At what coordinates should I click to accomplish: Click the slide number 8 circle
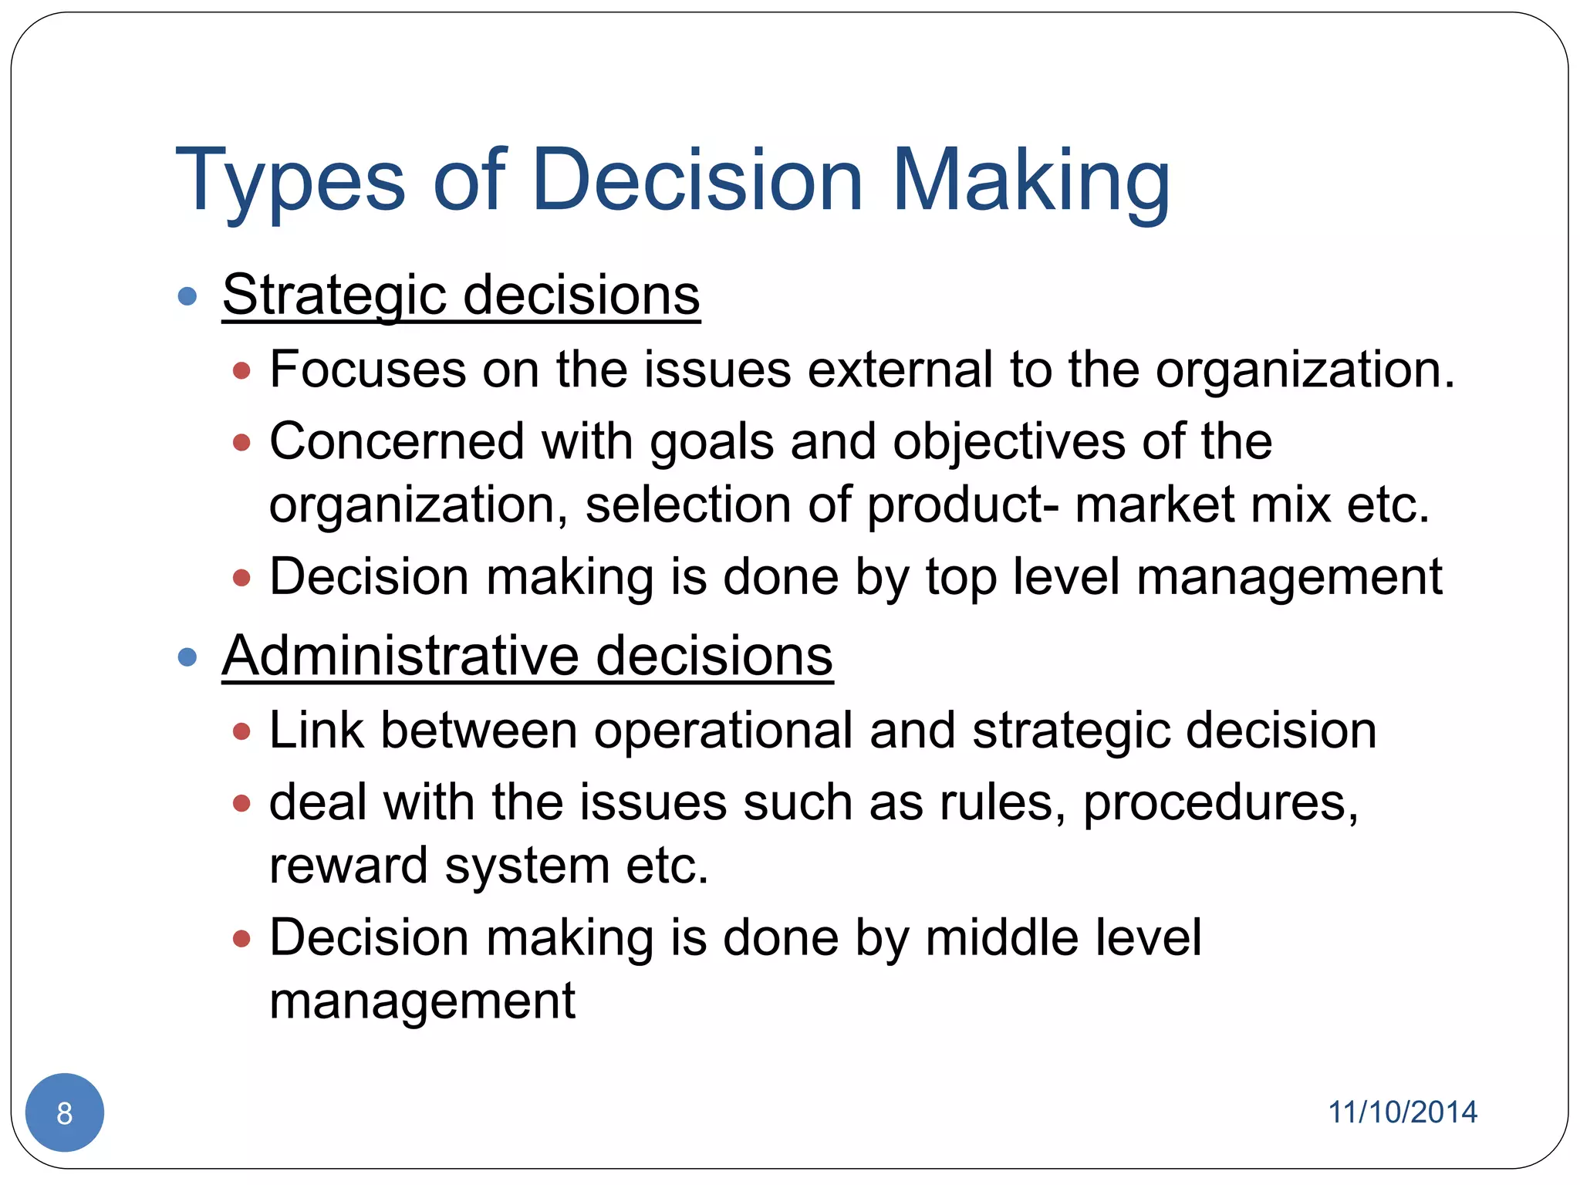click(x=65, y=1112)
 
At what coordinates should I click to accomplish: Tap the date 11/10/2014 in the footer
click(x=1402, y=1112)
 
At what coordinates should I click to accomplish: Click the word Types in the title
click(x=290, y=181)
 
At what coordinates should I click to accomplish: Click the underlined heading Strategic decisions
click(x=461, y=295)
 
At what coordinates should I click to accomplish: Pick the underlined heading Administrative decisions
click(x=527, y=656)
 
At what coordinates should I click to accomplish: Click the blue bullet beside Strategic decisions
click(x=187, y=296)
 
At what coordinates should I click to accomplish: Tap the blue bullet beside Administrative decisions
click(x=187, y=657)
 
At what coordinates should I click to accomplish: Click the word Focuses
click(x=367, y=369)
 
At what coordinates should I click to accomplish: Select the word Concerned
click(x=397, y=441)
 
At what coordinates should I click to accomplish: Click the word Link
click(x=316, y=730)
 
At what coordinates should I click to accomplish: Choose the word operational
click(x=723, y=730)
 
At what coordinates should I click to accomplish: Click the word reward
click(x=348, y=866)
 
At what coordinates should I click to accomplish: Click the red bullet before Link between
click(x=241, y=731)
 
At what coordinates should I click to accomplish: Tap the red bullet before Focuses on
click(x=241, y=370)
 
